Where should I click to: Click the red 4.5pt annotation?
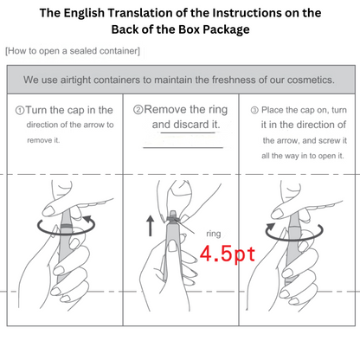click(x=228, y=254)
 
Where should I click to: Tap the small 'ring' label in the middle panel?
click(x=214, y=234)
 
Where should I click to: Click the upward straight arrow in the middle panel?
click(x=150, y=226)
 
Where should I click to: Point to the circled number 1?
click(x=20, y=111)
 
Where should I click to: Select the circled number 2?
click(x=138, y=110)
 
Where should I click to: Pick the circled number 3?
click(x=254, y=110)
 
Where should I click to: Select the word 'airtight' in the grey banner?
click(x=75, y=80)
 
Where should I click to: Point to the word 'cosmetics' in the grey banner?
click(x=310, y=80)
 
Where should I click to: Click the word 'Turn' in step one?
click(x=36, y=110)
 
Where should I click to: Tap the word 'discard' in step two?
click(x=190, y=125)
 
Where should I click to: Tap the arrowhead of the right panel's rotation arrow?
click(x=271, y=227)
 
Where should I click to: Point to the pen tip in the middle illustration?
click(x=172, y=214)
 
